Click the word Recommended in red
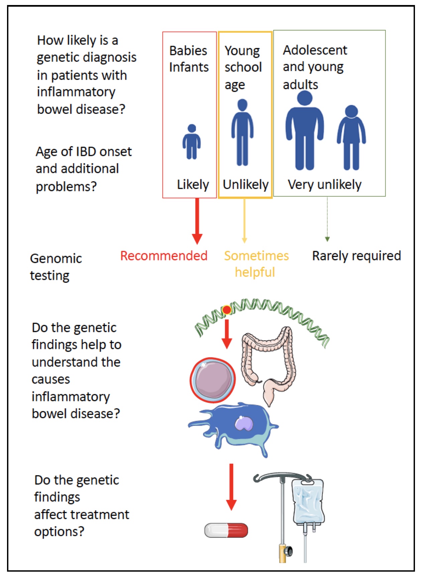(164, 256)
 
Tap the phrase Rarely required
(356, 256)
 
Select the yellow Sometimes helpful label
(256, 264)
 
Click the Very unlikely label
(325, 184)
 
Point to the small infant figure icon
(192, 142)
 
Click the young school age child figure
(242, 132)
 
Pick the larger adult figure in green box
(305, 131)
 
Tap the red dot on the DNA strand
(227, 310)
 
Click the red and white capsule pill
(226, 530)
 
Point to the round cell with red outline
(213, 380)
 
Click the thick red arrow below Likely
(197, 221)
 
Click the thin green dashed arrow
(327, 219)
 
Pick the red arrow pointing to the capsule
(231, 487)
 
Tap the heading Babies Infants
(189, 59)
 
